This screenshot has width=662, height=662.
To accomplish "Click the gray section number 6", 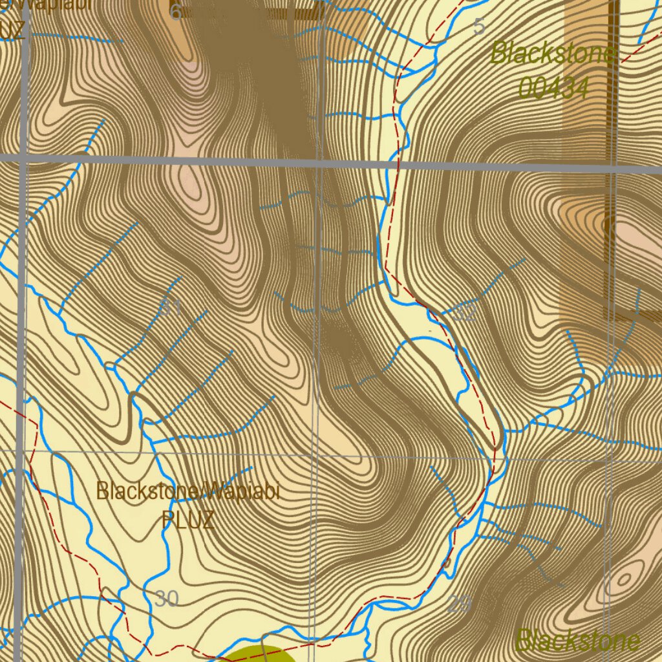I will [x=175, y=12].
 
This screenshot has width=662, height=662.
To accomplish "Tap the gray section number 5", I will [x=479, y=27].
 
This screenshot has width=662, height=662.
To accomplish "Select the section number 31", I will [x=171, y=308].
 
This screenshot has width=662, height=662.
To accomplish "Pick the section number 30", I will [x=166, y=599].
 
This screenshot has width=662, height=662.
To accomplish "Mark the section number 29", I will [x=460, y=605].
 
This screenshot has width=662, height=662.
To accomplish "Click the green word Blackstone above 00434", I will [x=553, y=53].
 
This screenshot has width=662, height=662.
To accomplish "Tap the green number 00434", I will [x=553, y=88].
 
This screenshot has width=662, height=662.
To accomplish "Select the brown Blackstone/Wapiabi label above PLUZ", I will [x=187, y=491].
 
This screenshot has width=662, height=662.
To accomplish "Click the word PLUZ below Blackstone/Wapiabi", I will [x=187, y=520].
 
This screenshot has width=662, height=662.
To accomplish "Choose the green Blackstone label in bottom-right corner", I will [x=577, y=641].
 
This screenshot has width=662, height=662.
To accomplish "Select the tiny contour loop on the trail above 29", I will [x=447, y=563].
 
